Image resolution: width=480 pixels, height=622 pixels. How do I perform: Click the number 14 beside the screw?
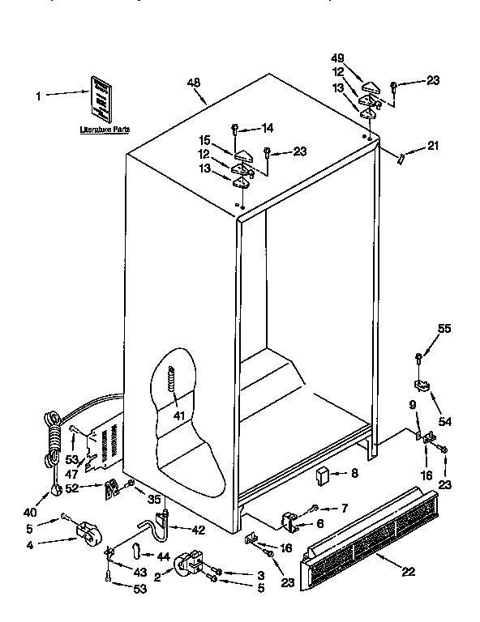click(x=268, y=128)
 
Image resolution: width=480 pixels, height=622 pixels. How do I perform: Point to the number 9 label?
click(x=412, y=405)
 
